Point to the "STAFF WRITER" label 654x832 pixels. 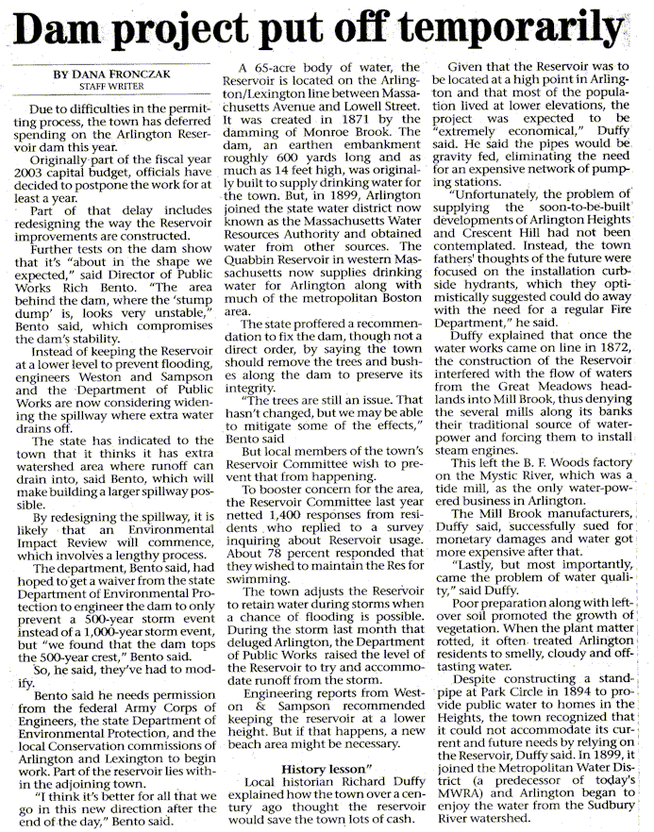105,87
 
